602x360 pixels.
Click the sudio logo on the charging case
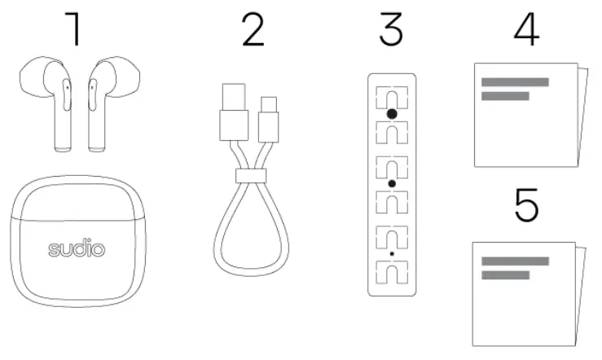tap(76, 248)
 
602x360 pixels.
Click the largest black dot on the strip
tap(392, 115)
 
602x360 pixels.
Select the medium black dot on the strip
tap(392, 185)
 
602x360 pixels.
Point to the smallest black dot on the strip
tap(392, 255)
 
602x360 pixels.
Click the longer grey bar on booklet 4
tap(514, 81)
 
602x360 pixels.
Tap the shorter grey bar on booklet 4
tap(505, 96)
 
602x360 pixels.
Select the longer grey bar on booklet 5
tap(514, 261)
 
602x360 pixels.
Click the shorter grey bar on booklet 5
tap(505, 275)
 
